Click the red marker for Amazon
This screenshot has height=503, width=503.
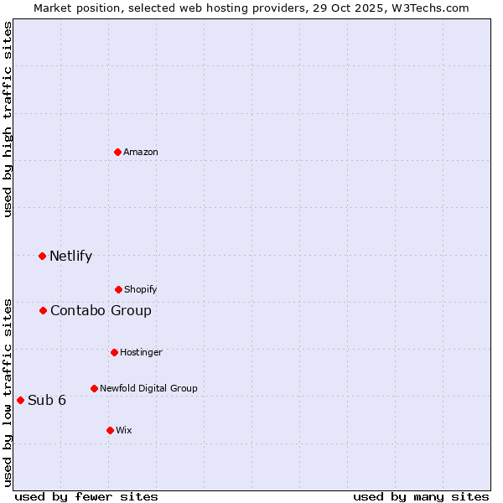[x=118, y=152]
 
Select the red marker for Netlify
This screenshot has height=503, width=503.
[x=43, y=256]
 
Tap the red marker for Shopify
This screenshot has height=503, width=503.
[x=118, y=289]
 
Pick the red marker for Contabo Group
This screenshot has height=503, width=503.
[x=44, y=311]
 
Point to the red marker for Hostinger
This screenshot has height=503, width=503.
[x=114, y=352]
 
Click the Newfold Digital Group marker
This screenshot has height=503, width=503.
[x=94, y=388]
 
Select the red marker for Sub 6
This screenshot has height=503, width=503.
[x=21, y=400]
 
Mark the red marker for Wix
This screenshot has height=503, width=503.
[x=110, y=430]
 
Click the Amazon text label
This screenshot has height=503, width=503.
[x=141, y=153]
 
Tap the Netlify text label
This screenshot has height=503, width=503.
[x=70, y=257]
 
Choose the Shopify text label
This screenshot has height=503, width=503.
[x=141, y=290]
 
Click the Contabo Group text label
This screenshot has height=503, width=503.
[x=101, y=311]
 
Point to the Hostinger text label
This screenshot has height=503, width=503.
[x=141, y=353]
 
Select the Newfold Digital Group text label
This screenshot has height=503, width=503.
[x=148, y=389]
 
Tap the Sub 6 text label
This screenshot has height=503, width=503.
[x=47, y=401]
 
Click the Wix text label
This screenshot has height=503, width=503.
[x=124, y=431]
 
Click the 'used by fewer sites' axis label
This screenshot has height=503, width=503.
[x=86, y=496]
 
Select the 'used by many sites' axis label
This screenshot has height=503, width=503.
[x=421, y=496]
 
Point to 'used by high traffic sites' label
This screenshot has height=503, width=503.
[x=8, y=119]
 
